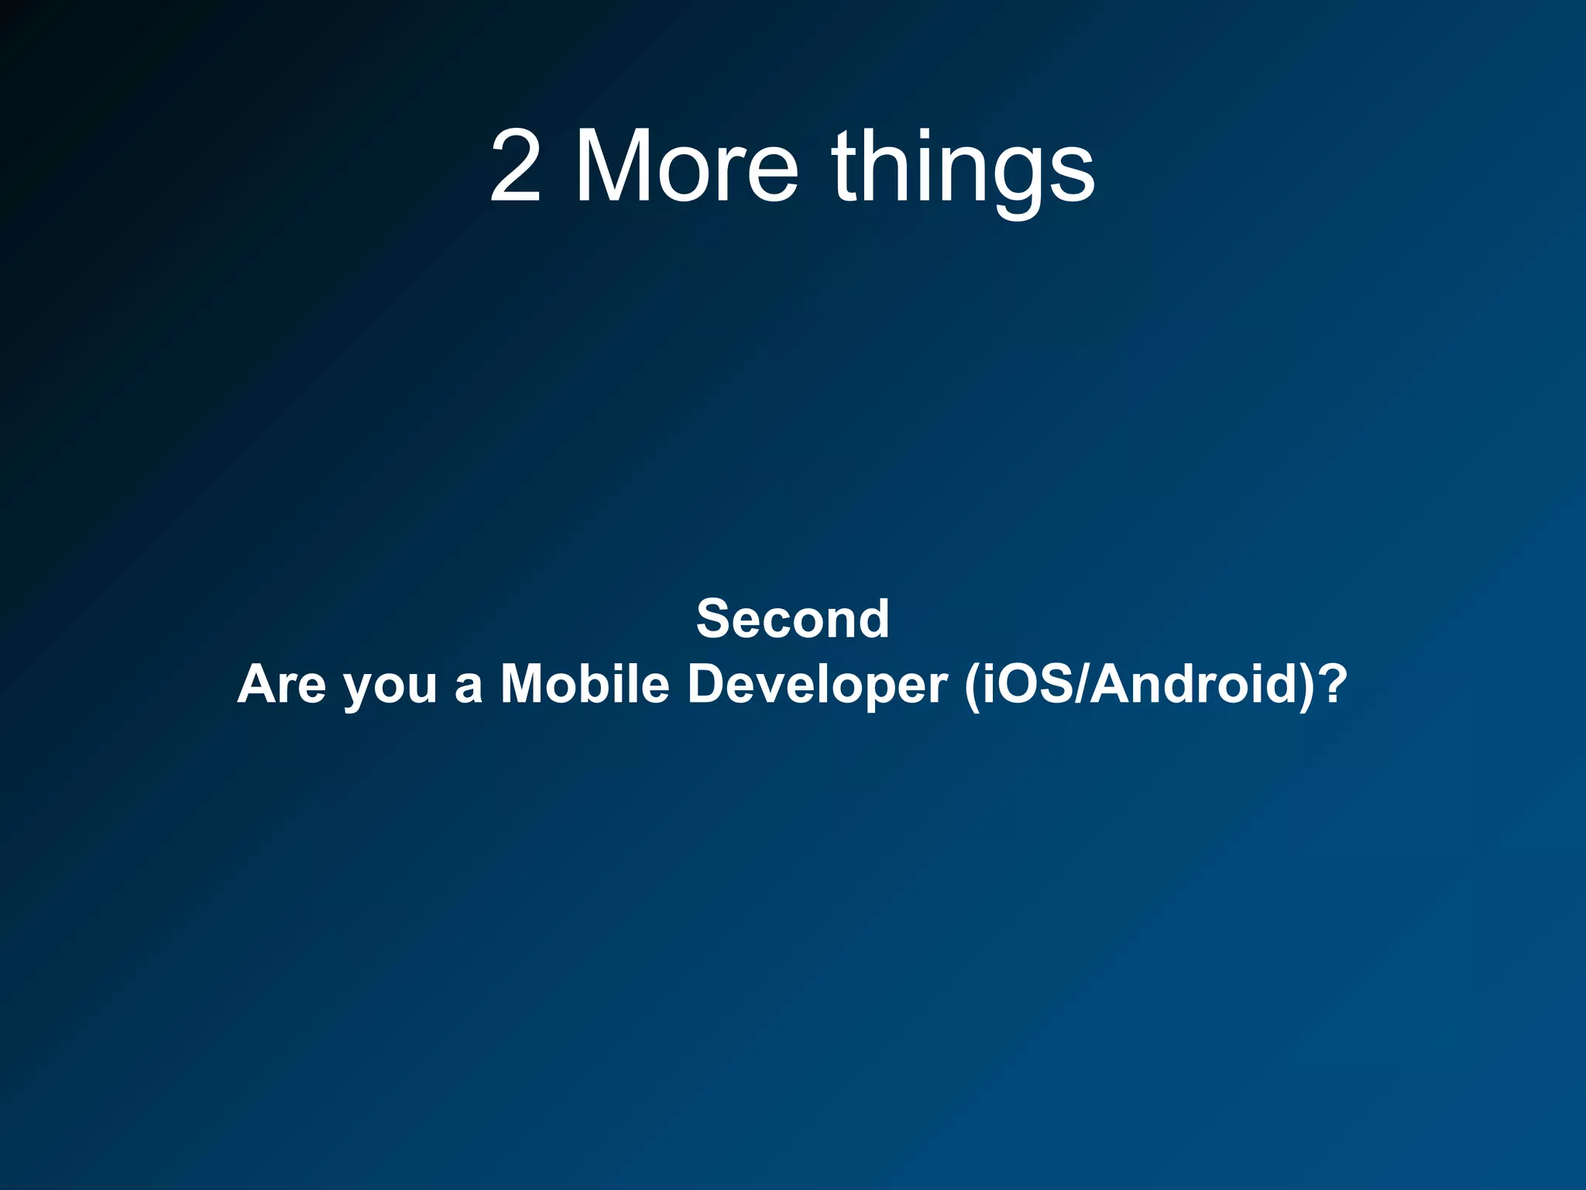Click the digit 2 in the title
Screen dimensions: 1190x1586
click(516, 167)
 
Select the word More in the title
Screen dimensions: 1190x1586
click(686, 167)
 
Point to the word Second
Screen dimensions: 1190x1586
click(792, 619)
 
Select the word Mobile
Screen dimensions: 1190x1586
click(585, 685)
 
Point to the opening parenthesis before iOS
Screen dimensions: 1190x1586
click(972, 686)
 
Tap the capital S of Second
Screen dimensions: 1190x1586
click(714, 619)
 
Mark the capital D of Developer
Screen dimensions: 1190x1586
click(709, 685)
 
